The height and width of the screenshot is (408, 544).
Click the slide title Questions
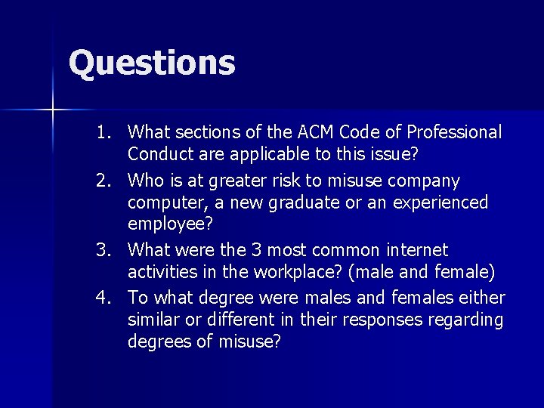pyautogui.click(x=152, y=63)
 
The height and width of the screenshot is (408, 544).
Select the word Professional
pyautogui.click(x=454, y=133)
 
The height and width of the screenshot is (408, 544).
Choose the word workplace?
pyautogui.click(x=290, y=271)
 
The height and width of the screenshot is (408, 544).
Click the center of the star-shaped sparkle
pyautogui.click(x=52, y=110)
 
